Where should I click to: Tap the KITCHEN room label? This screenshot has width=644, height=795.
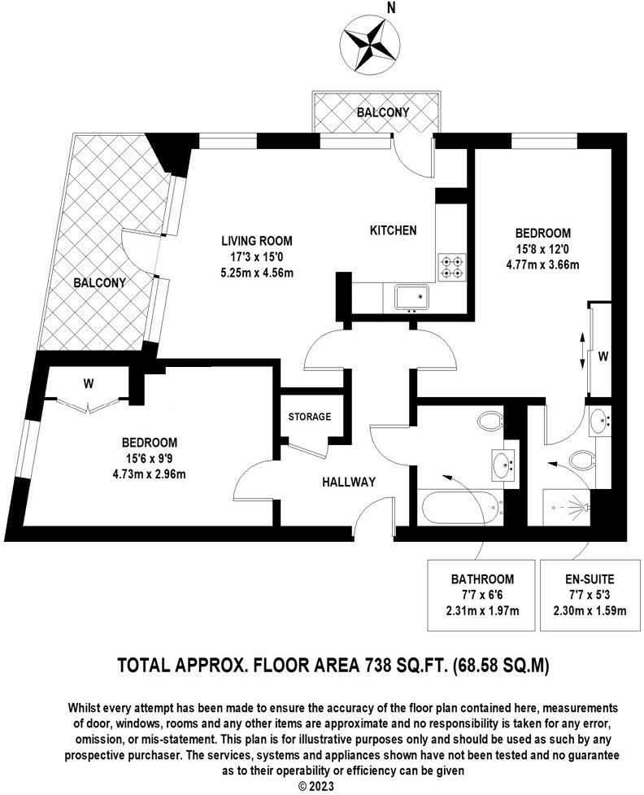[394, 230]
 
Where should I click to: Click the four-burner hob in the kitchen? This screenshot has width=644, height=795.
[452, 265]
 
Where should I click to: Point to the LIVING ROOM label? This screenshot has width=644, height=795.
[257, 241]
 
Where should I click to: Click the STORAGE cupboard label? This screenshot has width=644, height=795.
[310, 417]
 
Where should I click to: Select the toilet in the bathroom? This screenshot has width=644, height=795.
[490, 422]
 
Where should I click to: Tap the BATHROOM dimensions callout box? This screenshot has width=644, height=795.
[482, 595]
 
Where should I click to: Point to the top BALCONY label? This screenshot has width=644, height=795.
[383, 111]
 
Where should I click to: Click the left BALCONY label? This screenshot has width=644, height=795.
[99, 283]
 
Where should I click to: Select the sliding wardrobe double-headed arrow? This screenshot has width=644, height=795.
[582, 351]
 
